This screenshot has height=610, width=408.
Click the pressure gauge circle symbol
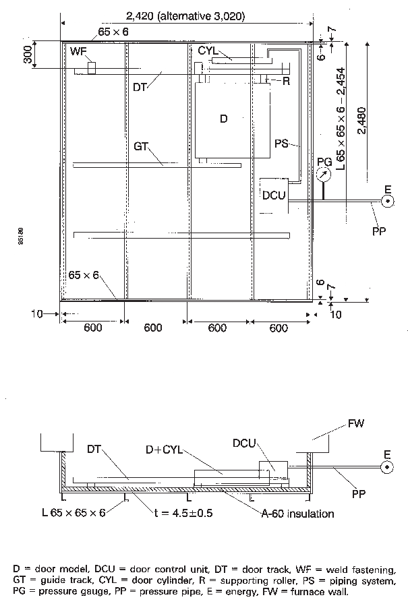pyautogui.click(x=323, y=174)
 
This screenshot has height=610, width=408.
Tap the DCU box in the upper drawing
pyautogui.click(x=274, y=195)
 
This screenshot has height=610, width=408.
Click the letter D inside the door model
pyautogui.click(x=225, y=119)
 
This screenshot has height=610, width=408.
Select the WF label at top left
pyautogui.click(x=78, y=51)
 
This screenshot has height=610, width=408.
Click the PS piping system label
pyautogui.click(x=283, y=143)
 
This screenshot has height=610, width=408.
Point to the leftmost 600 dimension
pyautogui.click(x=92, y=328)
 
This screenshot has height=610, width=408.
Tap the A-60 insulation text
pyautogui.click(x=297, y=514)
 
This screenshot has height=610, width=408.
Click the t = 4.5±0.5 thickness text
pyautogui.click(x=184, y=513)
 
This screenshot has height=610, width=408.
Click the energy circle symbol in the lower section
pyautogui.click(x=388, y=466)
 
